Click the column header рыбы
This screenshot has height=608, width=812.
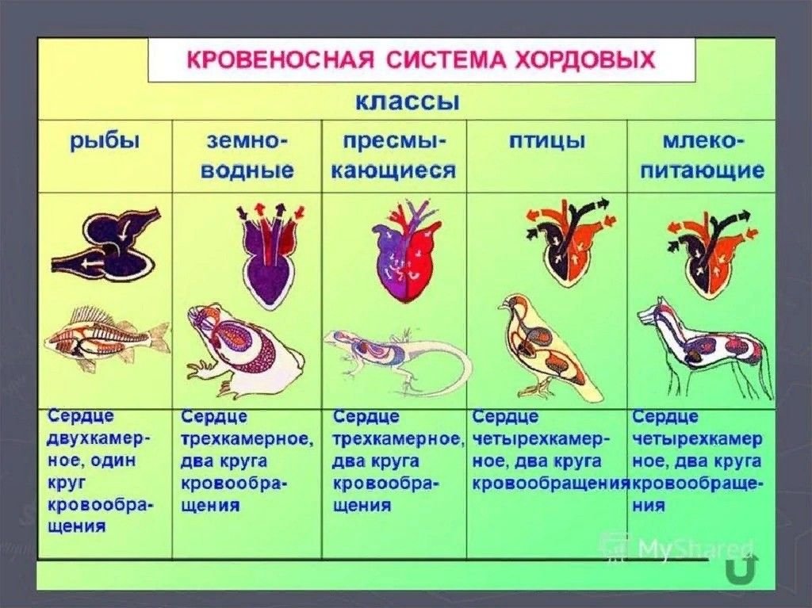[x=105, y=141]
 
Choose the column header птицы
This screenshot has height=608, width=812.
[x=547, y=140]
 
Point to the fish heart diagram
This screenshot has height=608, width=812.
[x=106, y=241]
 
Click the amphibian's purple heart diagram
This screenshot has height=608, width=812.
[x=270, y=254]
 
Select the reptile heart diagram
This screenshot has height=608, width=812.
[x=407, y=254]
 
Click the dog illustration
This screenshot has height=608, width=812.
[x=704, y=347]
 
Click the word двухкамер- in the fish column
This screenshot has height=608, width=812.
[x=98, y=438]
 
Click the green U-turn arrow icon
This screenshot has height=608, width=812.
[x=741, y=568]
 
